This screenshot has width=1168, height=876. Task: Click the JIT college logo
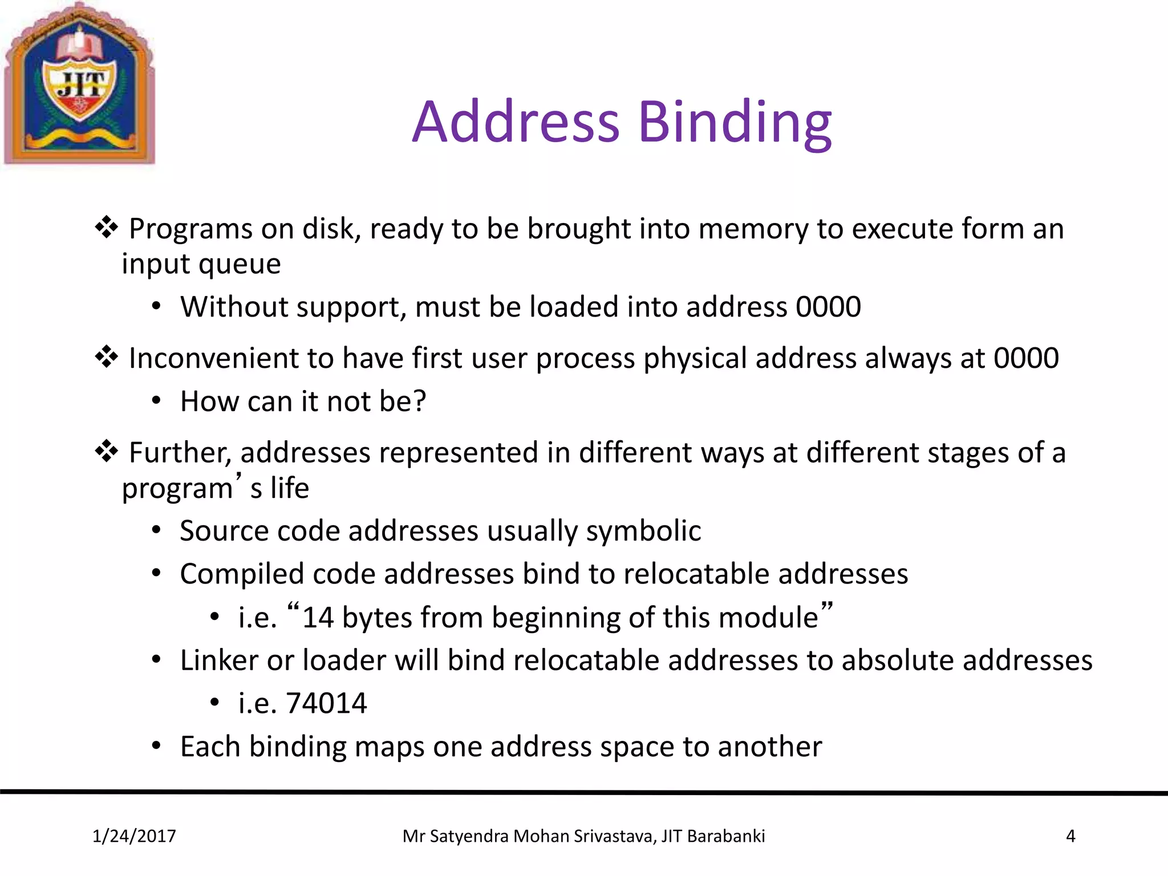point(80,84)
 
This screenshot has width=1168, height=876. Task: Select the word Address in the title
point(516,122)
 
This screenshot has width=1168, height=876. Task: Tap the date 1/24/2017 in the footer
point(134,836)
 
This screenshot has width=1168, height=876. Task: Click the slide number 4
point(1070,836)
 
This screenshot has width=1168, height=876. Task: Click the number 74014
point(326,703)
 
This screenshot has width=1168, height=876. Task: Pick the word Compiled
point(242,574)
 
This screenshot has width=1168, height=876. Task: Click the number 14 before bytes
point(318,618)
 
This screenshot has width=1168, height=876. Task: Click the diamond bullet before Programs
point(107,228)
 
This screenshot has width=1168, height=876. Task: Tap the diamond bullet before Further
point(107,452)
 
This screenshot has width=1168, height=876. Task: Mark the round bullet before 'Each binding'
point(157,746)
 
